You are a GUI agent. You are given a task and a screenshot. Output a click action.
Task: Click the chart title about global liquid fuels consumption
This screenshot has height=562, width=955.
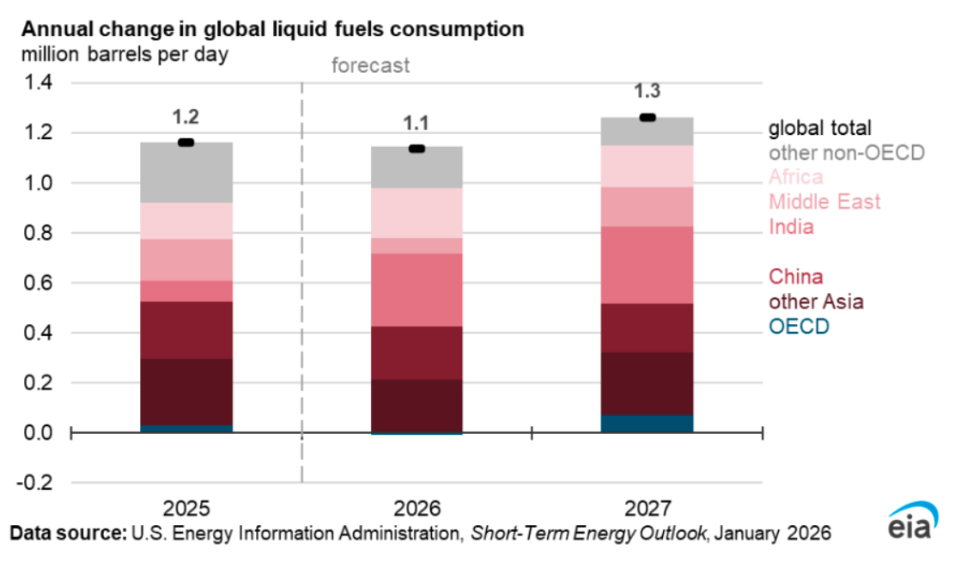point(272,28)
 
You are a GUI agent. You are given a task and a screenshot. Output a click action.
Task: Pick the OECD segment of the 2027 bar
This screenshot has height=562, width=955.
point(648,424)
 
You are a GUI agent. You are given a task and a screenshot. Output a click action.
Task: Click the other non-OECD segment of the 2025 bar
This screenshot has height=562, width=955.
point(186,173)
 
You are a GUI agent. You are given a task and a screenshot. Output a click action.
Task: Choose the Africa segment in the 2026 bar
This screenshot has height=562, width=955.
point(417,212)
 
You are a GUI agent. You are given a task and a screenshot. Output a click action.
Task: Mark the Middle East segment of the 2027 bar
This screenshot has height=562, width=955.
point(648,206)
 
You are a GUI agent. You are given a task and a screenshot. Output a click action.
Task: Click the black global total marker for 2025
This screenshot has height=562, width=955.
point(186,142)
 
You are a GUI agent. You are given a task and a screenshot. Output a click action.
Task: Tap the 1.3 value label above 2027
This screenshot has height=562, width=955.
point(648,92)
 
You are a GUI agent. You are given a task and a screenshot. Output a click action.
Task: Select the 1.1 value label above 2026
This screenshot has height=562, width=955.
point(417,123)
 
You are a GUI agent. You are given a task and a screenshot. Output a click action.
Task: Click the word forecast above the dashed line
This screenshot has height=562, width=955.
point(371,65)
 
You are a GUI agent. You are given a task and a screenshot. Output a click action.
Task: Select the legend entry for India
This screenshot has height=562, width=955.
point(791,227)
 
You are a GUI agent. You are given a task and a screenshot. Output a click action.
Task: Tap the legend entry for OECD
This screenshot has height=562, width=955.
point(798,327)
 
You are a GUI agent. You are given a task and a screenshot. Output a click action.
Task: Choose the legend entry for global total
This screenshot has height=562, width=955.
point(819,129)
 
